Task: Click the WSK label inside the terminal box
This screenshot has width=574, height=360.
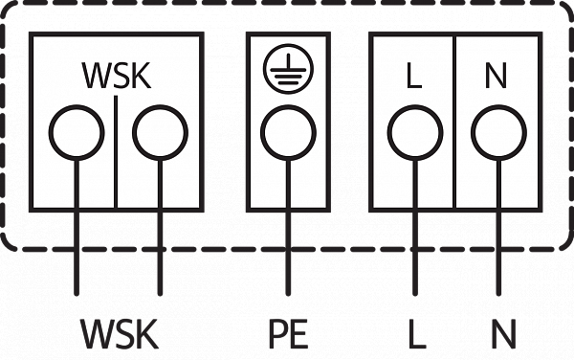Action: (x=117, y=76)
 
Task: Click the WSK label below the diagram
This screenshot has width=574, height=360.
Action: (x=120, y=333)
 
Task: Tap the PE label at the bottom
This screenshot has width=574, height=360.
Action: (x=289, y=333)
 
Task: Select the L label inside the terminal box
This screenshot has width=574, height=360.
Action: (x=414, y=76)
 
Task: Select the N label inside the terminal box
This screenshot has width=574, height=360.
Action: (x=496, y=76)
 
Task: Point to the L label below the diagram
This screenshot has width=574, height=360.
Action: (x=417, y=333)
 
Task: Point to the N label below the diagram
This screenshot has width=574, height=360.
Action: (x=504, y=333)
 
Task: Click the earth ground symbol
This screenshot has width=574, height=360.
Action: (x=289, y=69)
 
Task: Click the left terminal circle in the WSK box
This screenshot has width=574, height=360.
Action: (x=77, y=106)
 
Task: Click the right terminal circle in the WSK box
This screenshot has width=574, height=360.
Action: (x=160, y=106)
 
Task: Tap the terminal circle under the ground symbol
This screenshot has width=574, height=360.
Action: (x=289, y=106)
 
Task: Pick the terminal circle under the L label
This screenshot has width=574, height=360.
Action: (x=415, y=106)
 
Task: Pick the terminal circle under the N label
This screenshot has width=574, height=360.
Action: (x=498, y=106)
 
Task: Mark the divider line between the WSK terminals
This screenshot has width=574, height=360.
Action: (x=116, y=152)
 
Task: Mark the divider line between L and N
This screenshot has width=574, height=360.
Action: (x=455, y=123)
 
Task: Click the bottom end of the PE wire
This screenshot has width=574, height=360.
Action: (x=289, y=295)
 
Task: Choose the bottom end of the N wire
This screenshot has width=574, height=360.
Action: (x=498, y=295)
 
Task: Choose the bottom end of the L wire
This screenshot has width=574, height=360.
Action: (x=415, y=295)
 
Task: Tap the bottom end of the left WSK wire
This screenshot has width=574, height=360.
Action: (x=77, y=295)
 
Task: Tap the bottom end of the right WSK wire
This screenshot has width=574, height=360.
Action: (x=160, y=295)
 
